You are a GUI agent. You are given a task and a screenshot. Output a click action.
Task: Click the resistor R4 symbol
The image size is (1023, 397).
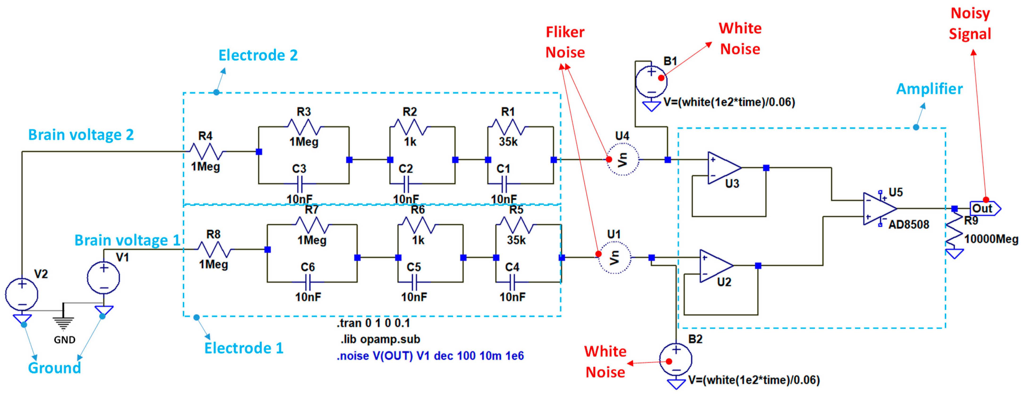click(x=206, y=151)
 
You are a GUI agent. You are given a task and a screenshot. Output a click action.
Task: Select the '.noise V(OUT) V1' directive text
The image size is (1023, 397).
click(x=430, y=356)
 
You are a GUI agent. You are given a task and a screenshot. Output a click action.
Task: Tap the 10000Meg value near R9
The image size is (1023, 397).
click(x=991, y=239)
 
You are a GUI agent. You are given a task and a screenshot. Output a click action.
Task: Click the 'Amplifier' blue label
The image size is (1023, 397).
click(x=929, y=89)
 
